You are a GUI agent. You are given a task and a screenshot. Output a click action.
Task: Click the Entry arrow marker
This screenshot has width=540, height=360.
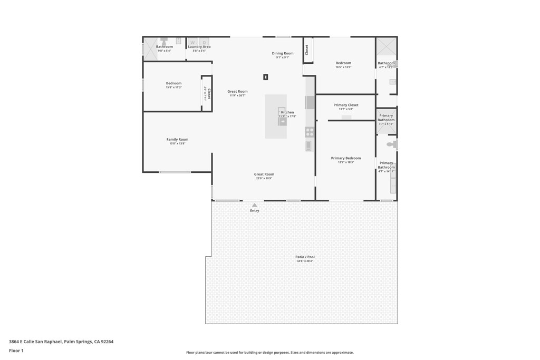255,205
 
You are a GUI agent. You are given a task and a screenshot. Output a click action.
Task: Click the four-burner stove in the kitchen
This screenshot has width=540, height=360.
310,132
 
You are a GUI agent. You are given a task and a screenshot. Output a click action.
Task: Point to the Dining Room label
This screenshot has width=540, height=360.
283,53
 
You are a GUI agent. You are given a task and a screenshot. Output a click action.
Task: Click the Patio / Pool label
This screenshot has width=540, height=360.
305,257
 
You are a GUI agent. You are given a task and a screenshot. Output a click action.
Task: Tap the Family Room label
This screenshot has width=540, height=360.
177,140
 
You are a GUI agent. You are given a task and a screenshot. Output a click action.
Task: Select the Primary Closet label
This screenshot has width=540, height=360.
346,105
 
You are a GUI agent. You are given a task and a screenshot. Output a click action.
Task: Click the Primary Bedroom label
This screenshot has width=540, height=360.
346,158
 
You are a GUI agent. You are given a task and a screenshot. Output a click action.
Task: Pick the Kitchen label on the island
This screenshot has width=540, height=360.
287,112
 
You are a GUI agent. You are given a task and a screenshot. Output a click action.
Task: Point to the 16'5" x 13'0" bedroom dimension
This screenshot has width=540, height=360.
343,67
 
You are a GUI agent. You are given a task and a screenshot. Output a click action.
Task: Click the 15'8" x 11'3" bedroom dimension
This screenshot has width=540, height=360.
173,87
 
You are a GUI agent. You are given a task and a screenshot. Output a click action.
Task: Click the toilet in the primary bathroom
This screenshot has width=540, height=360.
391,144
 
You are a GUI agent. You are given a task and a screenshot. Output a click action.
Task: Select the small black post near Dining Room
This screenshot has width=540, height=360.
266,77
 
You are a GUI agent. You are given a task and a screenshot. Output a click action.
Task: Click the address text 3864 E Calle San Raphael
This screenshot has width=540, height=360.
61,342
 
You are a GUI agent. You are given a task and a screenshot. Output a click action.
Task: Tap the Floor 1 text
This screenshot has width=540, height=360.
16,351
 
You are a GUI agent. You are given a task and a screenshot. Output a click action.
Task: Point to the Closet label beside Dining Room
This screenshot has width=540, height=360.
307,50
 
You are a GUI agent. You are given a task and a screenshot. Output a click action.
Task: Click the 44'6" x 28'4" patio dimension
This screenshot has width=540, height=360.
305,261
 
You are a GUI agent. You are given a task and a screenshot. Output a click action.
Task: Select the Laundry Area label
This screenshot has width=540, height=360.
199,47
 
